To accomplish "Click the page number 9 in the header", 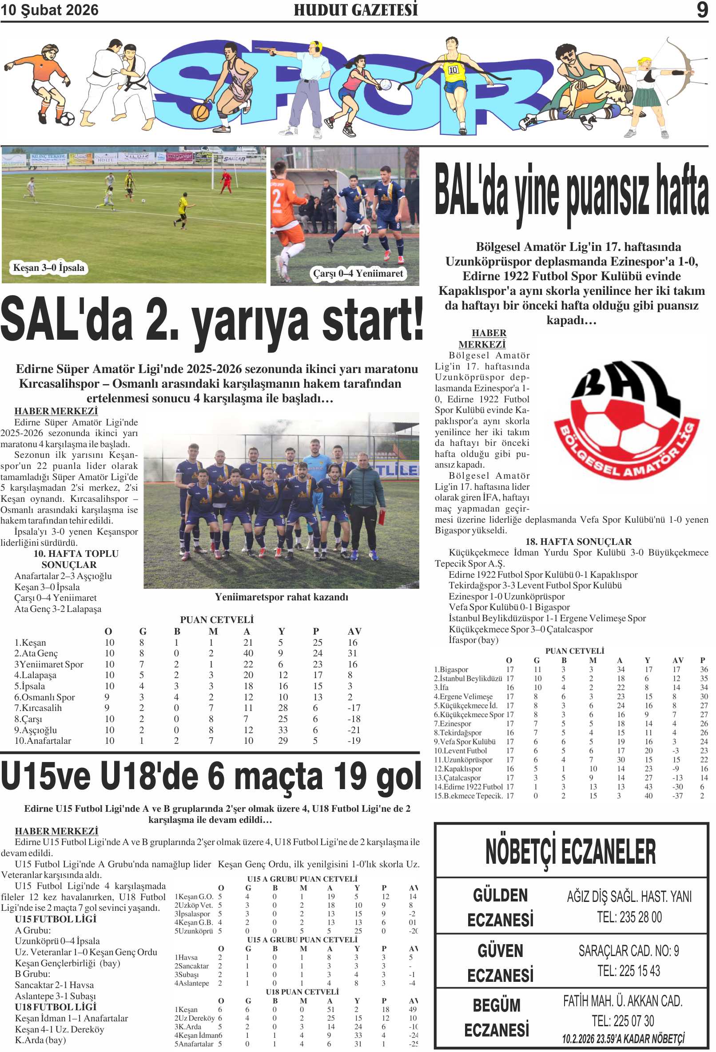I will [x=701, y=9].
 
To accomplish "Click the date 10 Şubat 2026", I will [x=49, y=10].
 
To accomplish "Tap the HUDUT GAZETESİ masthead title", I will [x=355, y=10].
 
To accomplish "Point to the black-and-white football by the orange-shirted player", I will [x=67, y=119].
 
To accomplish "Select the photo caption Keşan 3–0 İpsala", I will [x=48, y=267].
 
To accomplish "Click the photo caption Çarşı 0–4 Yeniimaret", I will [x=358, y=274].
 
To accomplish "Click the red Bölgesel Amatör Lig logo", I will [x=626, y=421].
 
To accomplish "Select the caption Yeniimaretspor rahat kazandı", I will [x=281, y=597].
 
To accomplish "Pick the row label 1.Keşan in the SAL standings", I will [x=30, y=642].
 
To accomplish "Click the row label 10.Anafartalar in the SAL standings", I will [x=43, y=741].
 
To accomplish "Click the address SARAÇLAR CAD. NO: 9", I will [x=628, y=951].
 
